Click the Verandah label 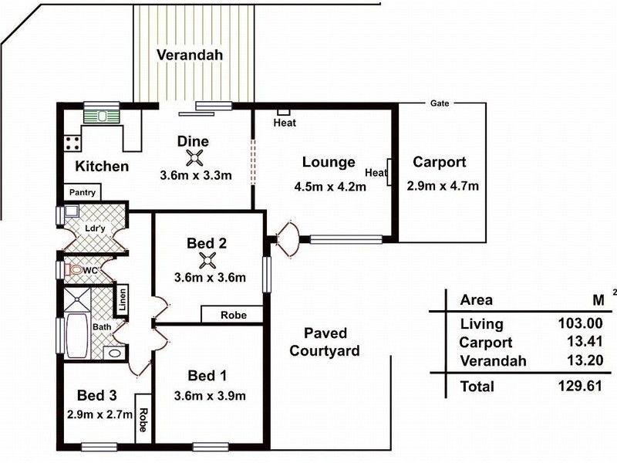(x=190, y=56)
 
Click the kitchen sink (x=103, y=116)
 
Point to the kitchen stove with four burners (x=73, y=142)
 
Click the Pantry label (x=82, y=192)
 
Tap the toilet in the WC (x=74, y=270)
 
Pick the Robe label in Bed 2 (x=233, y=315)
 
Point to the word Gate (x=440, y=103)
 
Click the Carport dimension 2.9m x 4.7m (x=443, y=185)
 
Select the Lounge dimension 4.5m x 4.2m (x=329, y=186)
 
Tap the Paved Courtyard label (x=325, y=342)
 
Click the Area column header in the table (x=476, y=300)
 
